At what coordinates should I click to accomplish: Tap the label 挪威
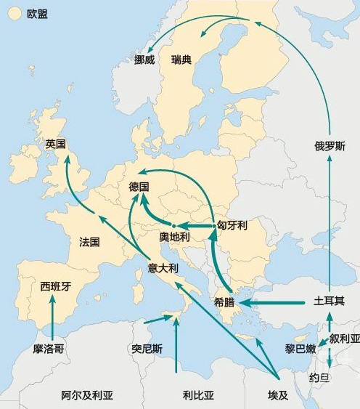(144, 60)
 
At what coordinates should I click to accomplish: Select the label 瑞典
(181, 60)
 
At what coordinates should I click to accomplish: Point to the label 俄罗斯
(330, 145)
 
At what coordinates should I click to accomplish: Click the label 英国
(55, 144)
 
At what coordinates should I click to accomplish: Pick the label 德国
(139, 187)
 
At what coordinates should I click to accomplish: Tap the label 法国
(89, 242)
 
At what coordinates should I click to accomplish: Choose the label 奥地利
(174, 237)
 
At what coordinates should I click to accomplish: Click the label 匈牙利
(232, 226)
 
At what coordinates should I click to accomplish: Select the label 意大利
(163, 267)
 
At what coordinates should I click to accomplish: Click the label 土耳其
(329, 300)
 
